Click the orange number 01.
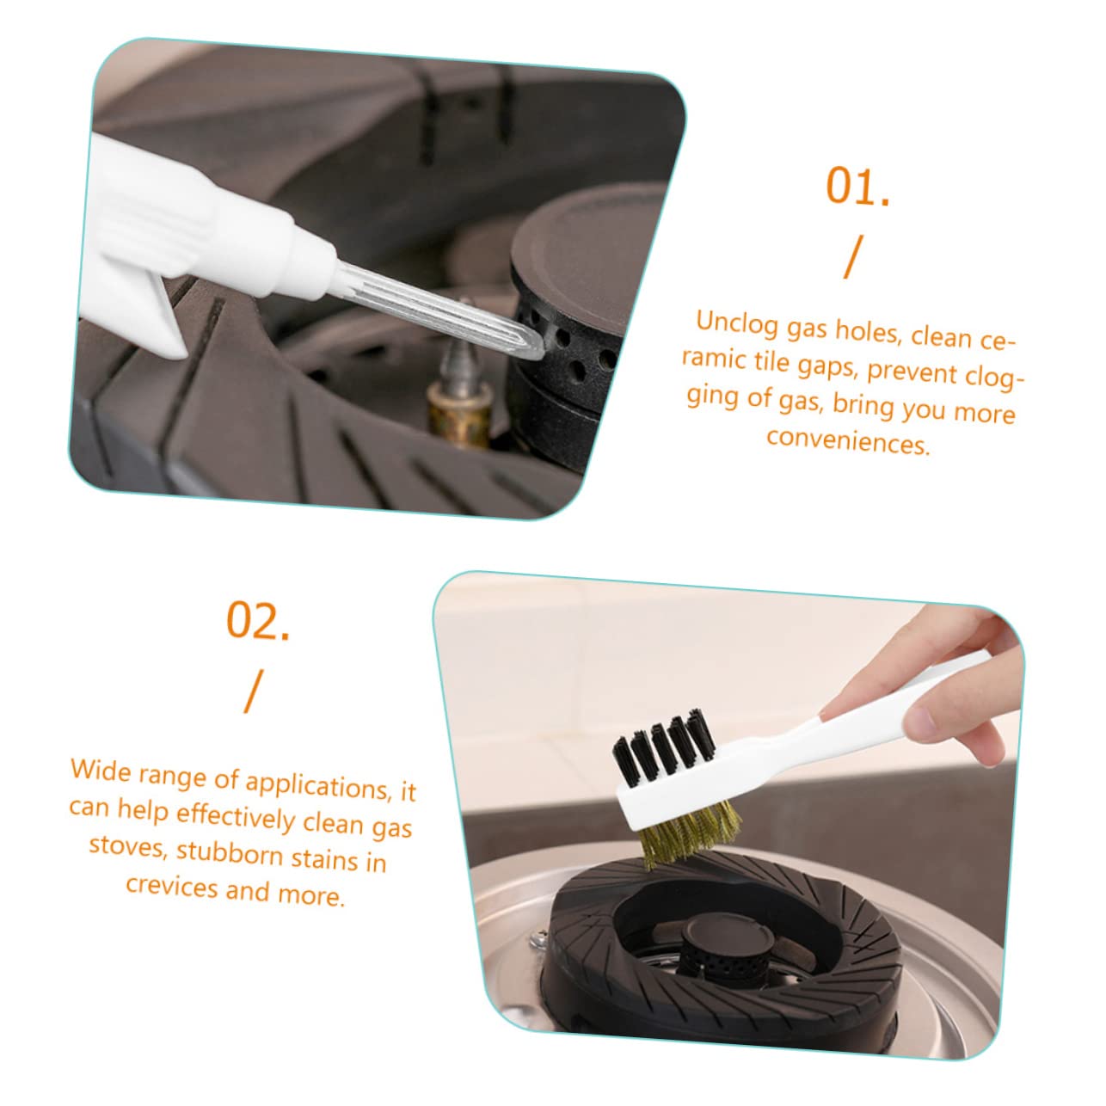[857, 187]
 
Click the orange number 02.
[258, 621]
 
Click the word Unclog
[737, 322]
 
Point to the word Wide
[101, 768]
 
